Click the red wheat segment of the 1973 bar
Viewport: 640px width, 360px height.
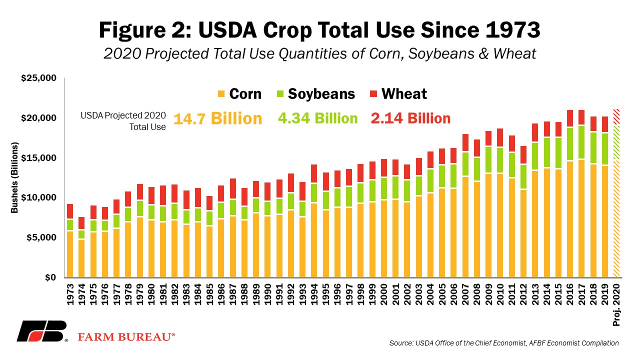pyautogui.click(x=70, y=211)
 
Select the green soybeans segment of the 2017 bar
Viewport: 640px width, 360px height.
pyautogui.click(x=581, y=142)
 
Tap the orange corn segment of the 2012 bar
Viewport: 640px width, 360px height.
pyautogui.click(x=523, y=233)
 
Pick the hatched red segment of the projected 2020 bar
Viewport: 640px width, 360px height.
pyautogui.click(x=616, y=117)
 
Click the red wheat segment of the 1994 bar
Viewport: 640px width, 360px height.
pyautogui.click(x=314, y=173)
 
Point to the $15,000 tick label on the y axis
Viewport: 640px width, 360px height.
pyautogui.click(x=38, y=157)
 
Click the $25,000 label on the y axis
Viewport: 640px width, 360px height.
pyautogui.click(x=38, y=77)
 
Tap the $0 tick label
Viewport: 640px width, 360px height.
pyautogui.click(x=50, y=277)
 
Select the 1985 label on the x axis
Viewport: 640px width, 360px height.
pyautogui.click(x=209, y=294)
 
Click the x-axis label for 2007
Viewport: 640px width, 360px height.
pyautogui.click(x=465, y=294)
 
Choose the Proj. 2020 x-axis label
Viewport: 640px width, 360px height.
pyautogui.click(x=616, y=305)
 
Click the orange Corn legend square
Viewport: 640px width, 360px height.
pyautogui.click(x=221, y=94)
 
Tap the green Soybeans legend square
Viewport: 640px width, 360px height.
pyautogui.click(x=280, y=94)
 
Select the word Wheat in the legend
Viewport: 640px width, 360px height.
pyautogui.click(x=404, y=93)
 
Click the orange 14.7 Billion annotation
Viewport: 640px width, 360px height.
pyautogui.click(x=217, y=118)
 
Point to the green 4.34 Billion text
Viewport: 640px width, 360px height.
pyautogui.click(x=317, y=118)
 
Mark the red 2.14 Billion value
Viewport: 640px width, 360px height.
pyautogui.click(x=410, y=118)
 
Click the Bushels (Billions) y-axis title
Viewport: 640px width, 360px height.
pyautogui.click(x=14, y=177)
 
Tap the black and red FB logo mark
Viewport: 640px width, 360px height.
pyautogui.click(x=41, y=331)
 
